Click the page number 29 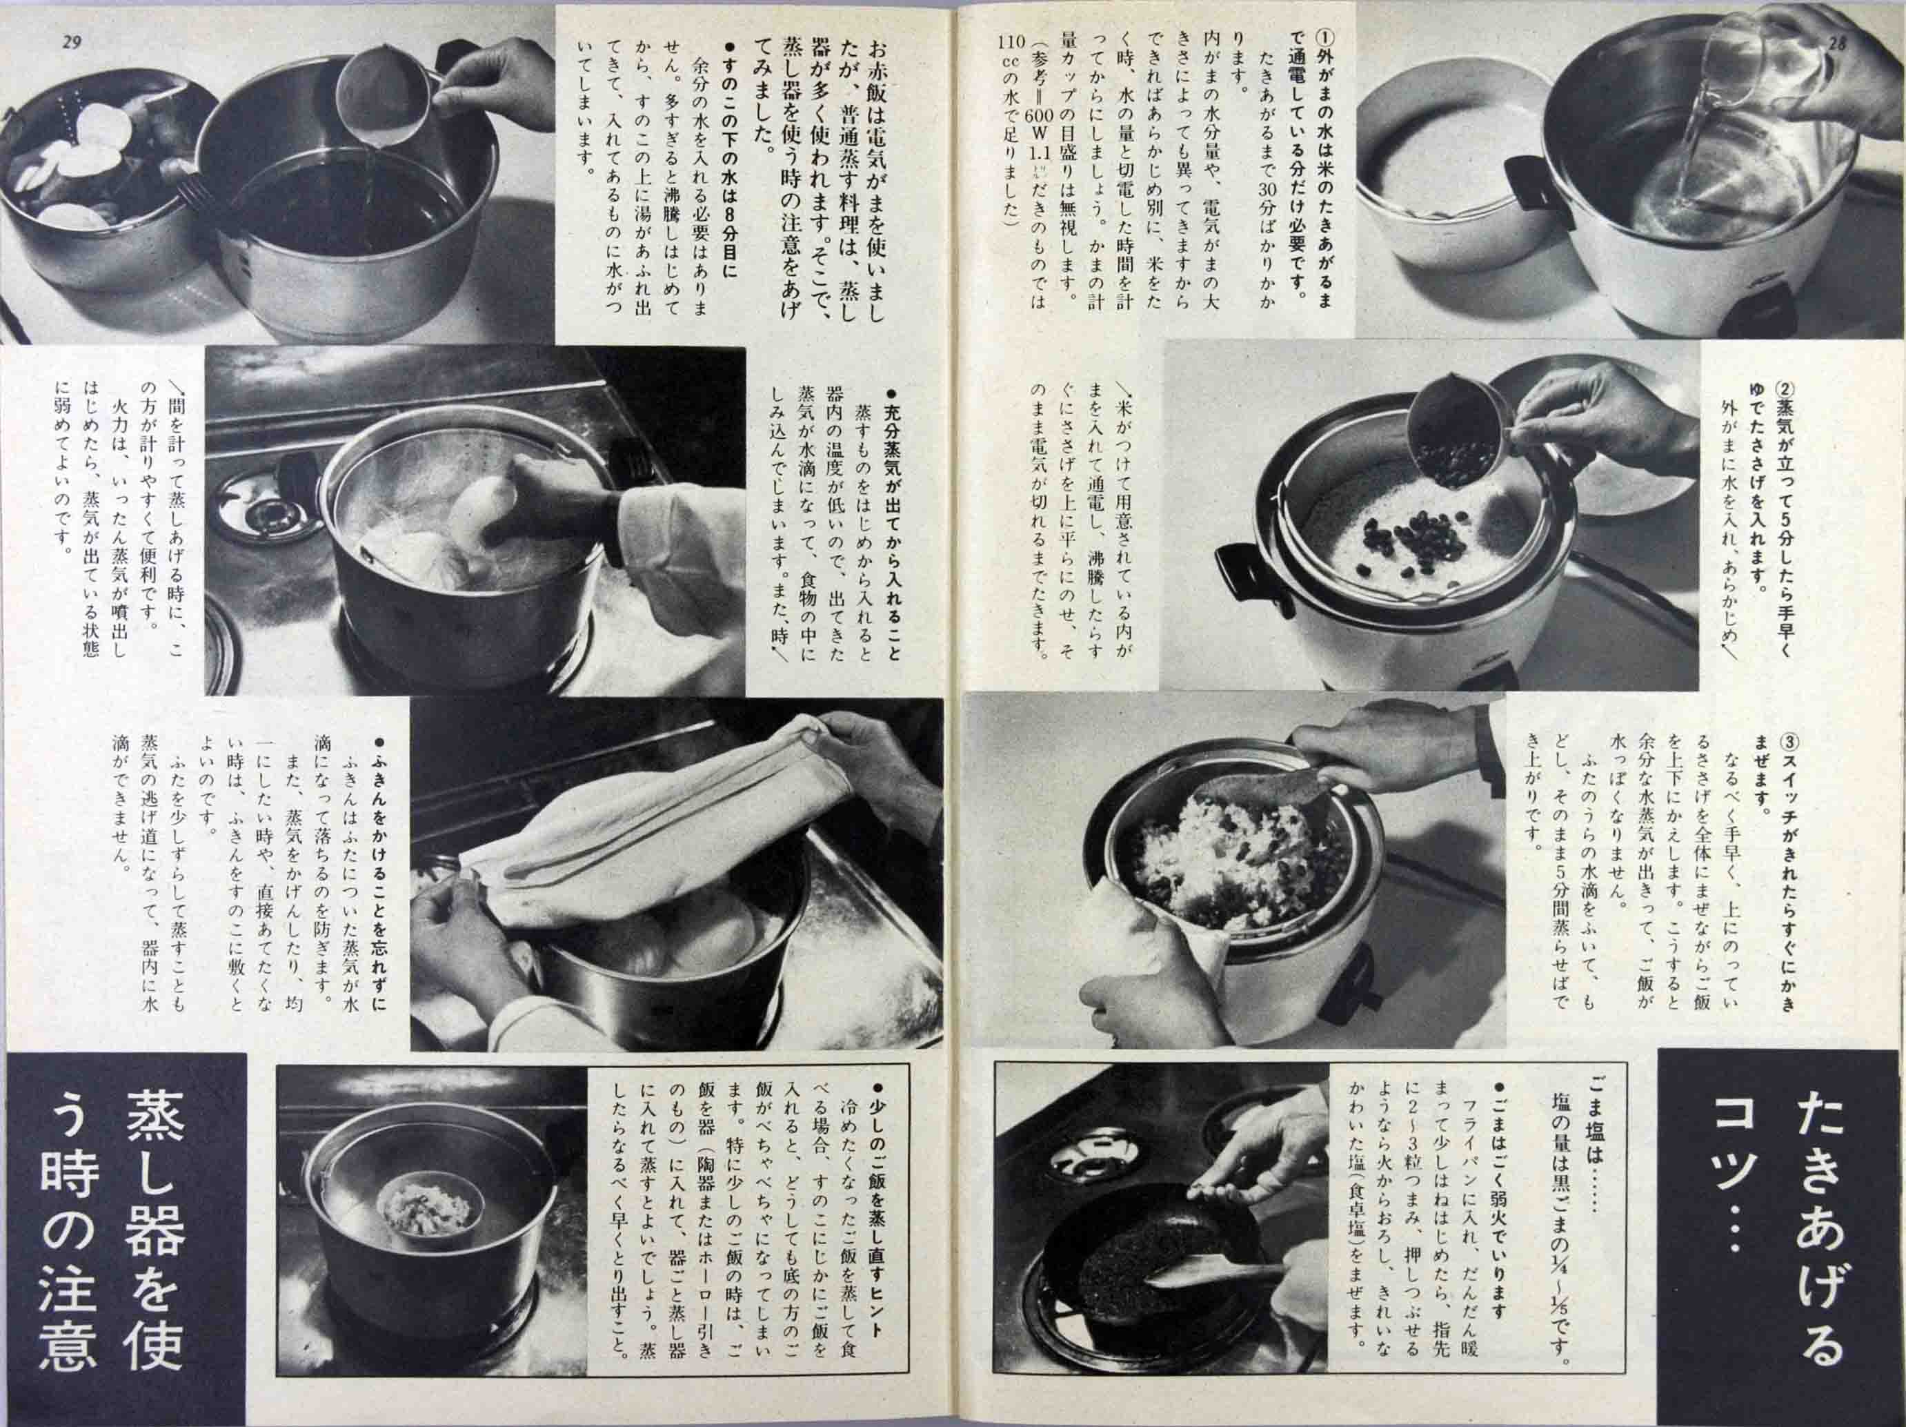72,42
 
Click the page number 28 1836,43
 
